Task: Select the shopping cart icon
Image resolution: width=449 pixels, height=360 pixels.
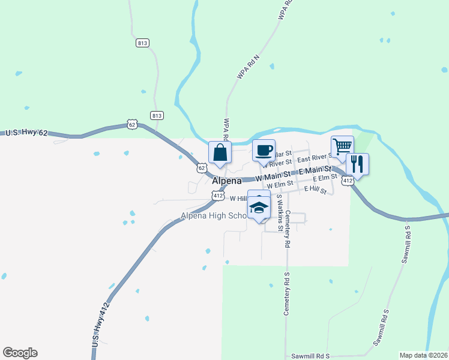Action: [342, 146]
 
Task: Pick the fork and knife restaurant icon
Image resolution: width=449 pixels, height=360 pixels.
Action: [357, 164]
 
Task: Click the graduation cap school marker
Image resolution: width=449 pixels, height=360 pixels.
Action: [259, 208]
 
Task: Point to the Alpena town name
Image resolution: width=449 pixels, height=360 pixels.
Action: [227, 181]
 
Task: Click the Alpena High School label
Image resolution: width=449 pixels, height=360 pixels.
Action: [214, 216]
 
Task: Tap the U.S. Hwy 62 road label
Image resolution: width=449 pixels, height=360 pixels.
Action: [26, 132]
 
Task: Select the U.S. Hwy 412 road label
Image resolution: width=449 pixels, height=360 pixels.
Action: [101, 323]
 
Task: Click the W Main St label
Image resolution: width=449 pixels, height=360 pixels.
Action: [276, 178]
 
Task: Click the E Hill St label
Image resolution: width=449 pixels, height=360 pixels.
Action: [315, 189]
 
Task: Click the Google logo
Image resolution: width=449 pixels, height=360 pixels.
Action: [20, 353]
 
